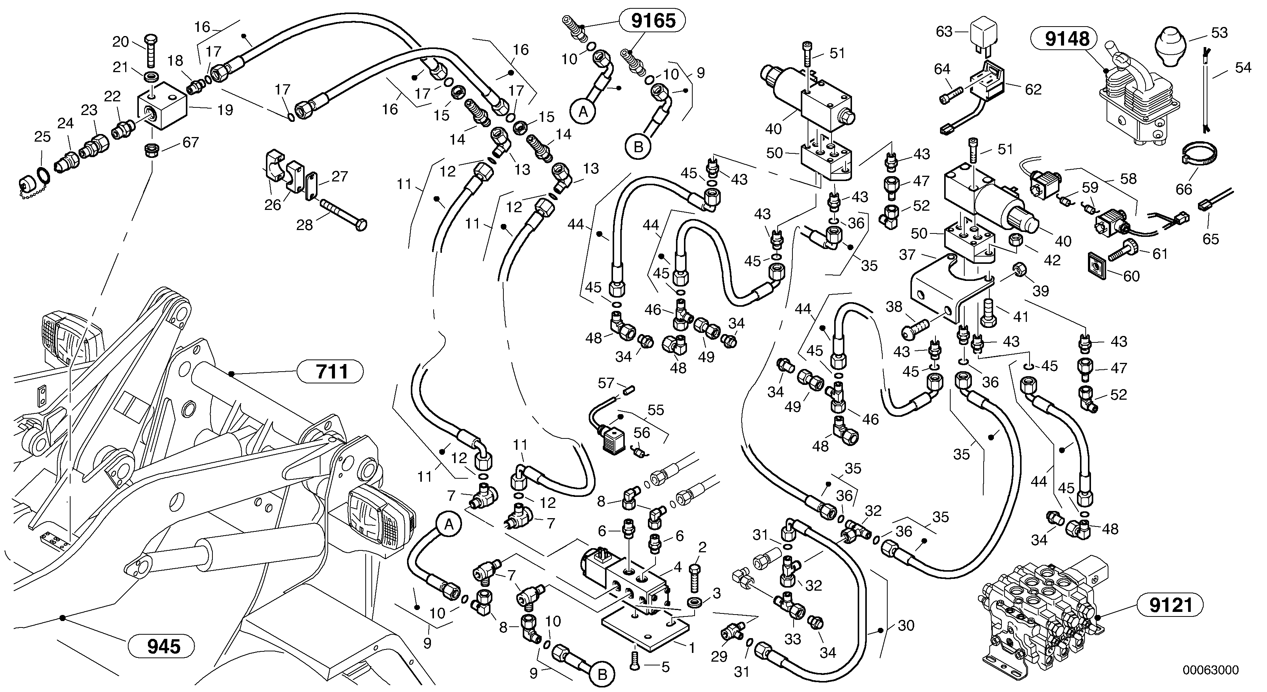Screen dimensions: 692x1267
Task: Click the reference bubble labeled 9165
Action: [x=653, y=20]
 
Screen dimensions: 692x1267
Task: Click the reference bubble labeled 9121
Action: [x=1171, y=605]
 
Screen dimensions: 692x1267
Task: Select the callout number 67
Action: [x=191, y=142]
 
